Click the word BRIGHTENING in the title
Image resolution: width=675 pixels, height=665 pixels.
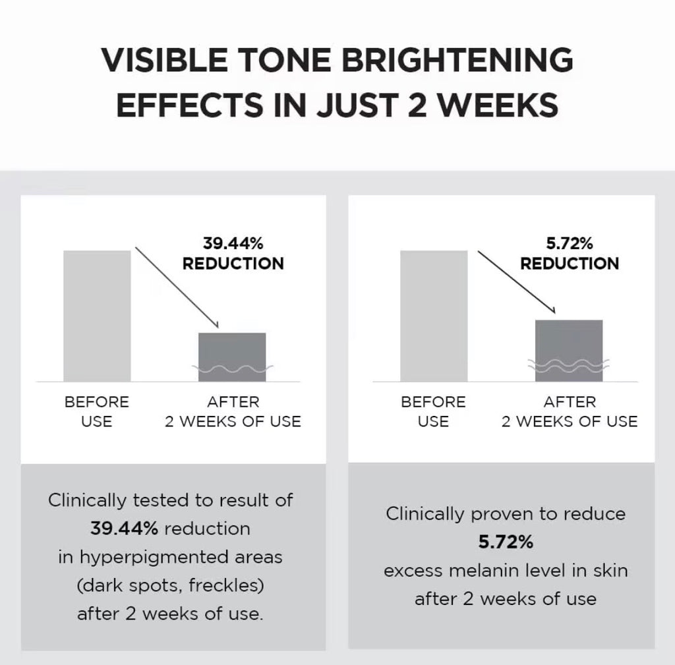coord(457,60)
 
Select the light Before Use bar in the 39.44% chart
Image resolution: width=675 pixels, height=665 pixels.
coord(98,316)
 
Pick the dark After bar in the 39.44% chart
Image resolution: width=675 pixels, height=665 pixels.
coord(232,357)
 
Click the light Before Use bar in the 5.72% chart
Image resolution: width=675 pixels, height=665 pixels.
coord(434,316)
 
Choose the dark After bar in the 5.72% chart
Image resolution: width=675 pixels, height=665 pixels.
coord(569,351)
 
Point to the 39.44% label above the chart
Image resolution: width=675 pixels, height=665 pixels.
coord(233,244)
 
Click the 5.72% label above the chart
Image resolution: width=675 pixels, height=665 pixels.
coord(569,244)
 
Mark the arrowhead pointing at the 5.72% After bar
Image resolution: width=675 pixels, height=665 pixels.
coord(553,310)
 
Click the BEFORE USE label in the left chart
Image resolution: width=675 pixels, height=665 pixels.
coord(97,411)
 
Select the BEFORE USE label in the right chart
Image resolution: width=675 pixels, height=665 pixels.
coord(434,411)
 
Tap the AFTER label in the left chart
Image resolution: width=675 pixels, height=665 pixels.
coord(233,402)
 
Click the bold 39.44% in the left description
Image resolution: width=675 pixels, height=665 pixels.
coord(125,529)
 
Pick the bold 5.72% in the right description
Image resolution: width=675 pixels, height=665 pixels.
coord(506,542)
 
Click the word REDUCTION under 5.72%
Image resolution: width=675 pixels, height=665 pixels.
coord(570,264)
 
